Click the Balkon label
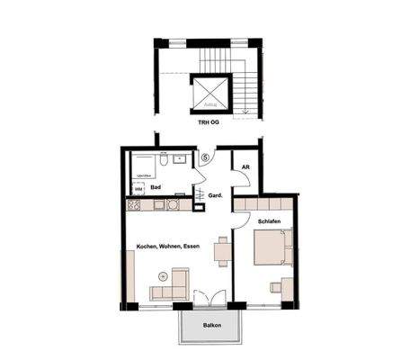point(212,326)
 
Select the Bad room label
point(156,187)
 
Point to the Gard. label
point(215,194)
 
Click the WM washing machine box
point(138,188)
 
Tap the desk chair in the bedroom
point(275,288)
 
